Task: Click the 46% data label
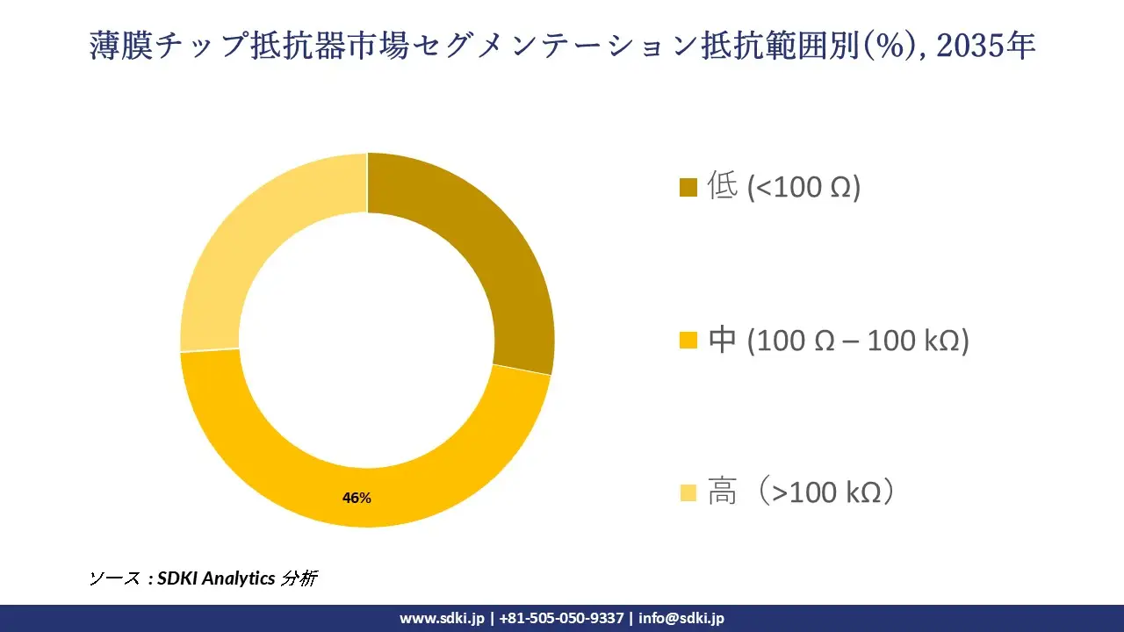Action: point(357,498)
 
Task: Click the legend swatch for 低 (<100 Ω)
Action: point(688,188)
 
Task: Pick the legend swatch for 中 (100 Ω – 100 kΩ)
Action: point(688,341)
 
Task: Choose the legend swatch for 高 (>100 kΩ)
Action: point(688,493)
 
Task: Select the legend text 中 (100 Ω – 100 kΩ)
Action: point(838,340)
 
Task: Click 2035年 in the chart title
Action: point(986,46)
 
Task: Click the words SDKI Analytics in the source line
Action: point(216,578)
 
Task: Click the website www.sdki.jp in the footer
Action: point(442,618)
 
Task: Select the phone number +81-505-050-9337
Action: point(561,618)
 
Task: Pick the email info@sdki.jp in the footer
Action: point(681,618)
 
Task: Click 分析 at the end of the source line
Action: point(299,578)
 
